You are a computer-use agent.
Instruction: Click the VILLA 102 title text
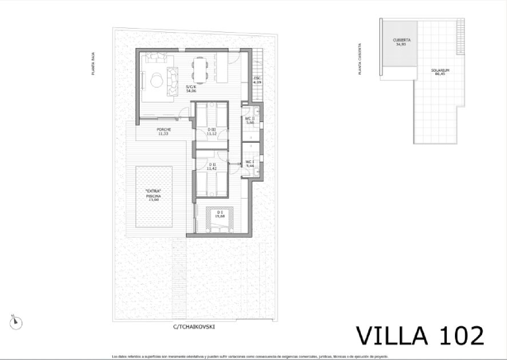click(x=420, y=336)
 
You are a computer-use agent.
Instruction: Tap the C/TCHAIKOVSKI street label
click(x=194, y=327)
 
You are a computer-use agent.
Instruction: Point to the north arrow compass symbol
click(x=16, y=322)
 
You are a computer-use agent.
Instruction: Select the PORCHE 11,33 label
click(x=164, y=131)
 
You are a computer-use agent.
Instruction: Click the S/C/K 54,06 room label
click(x=191, y=89)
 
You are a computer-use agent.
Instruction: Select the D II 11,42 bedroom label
click(x=212, y=167)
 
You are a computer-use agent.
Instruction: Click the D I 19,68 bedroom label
click(x=220, y=214)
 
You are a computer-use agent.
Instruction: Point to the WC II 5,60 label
click(x=250, y=120)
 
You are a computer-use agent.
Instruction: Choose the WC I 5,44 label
click(x=250, y=164)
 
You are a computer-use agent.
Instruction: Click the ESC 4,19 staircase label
click(x=257, y=80)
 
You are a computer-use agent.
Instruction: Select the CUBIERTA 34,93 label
click(x=401, y=42)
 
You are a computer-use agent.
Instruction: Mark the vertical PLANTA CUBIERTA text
click(x=360, y=59)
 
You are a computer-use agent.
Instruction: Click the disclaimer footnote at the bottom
click(x=250, y=356)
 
